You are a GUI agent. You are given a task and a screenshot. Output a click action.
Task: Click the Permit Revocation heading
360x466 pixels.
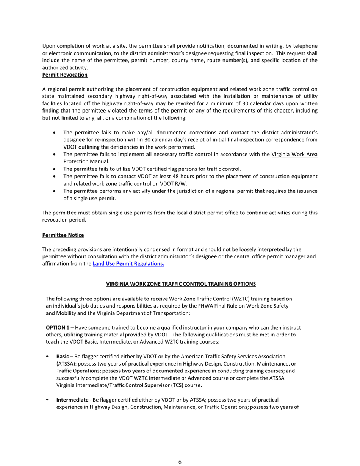pyautogui.click(x=65, y=75)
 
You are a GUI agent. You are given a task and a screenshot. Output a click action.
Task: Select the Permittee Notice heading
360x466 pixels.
pyautogui.click(x=63, y=235)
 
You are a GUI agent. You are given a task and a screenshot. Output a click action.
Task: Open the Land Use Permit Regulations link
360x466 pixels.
pyautogui.click(x=128, y=263)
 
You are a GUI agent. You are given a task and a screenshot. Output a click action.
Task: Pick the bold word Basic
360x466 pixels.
pyautogui.click(x=63, y=357)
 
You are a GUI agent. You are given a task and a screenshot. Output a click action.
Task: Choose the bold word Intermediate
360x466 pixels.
pyautogui.click(x=72, y=400)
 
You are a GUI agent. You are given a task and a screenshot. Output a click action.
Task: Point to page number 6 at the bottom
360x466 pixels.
pyautogui.click(x=180, y=462)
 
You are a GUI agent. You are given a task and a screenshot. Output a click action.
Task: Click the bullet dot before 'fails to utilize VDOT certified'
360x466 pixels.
pyautogui.click(x=56, y=169)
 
